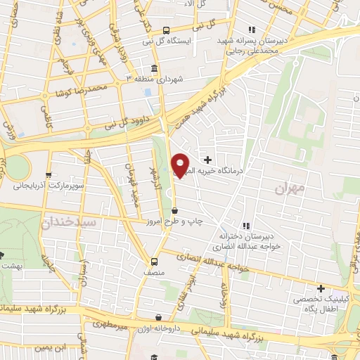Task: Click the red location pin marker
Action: [x=181, y=165]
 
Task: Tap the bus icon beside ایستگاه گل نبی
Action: [x=166, y=30]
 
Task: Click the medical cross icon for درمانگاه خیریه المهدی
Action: [x=207, y=160]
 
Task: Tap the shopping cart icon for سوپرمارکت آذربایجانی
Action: [x=48, y=175]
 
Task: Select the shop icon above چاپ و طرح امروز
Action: [x=174, y=210]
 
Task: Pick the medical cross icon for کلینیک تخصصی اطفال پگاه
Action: [x=321, y=288]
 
